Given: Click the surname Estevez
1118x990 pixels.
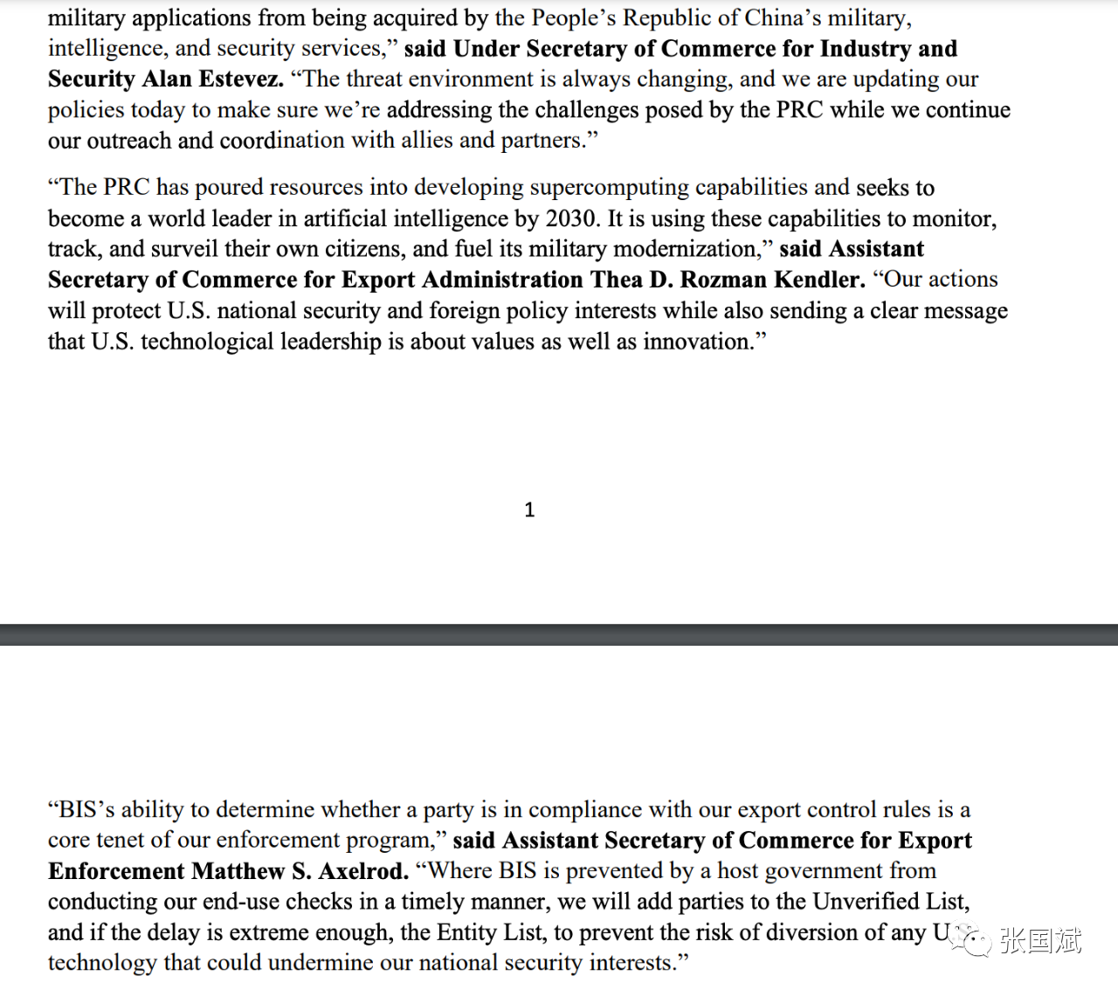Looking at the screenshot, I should pos(242,79).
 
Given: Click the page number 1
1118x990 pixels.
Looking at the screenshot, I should pos(529,510).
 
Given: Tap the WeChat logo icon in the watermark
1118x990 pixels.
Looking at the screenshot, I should pos(971,939).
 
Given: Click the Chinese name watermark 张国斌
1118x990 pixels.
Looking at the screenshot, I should pos(1040,940).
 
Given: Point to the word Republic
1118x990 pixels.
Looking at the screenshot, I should pos(664,17).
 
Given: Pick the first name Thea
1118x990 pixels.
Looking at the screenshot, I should pos(616,280).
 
